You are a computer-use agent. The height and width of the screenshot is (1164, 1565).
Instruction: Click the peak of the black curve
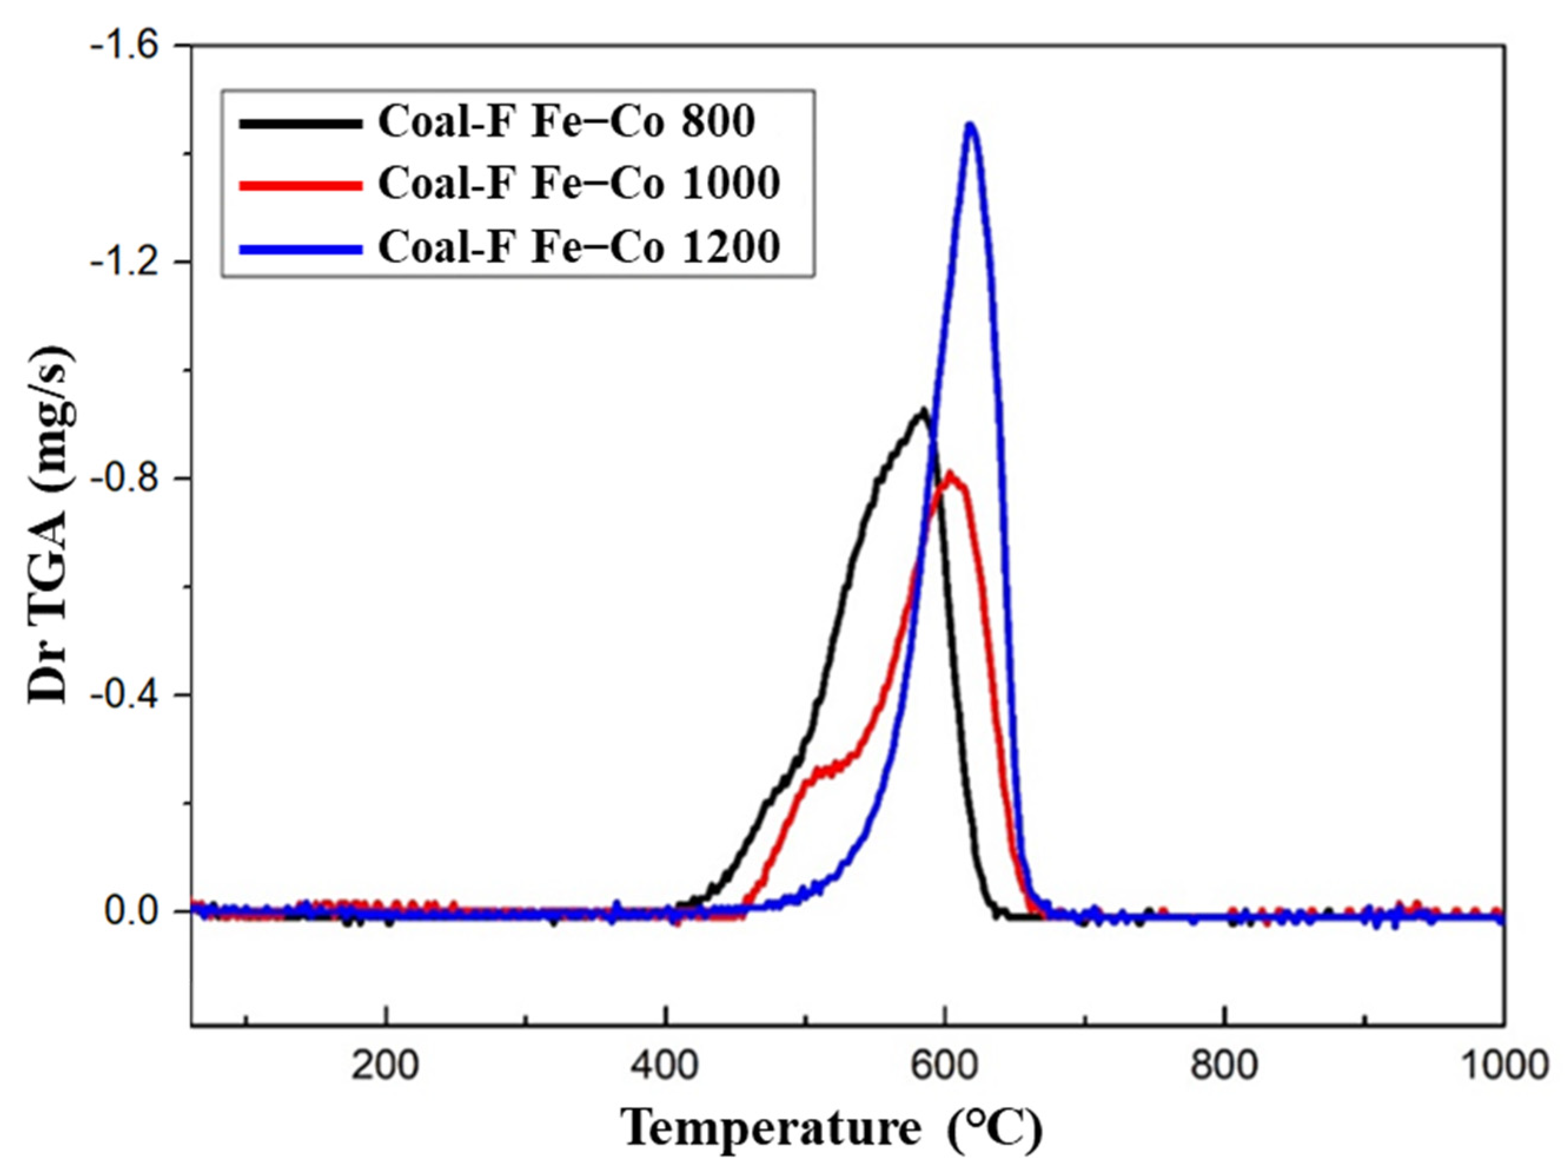click(920, 411)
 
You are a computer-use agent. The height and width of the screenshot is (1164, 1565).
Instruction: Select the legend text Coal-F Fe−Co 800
click(566, 122)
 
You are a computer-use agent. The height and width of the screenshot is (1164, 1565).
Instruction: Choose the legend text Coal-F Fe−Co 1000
click(579, 183)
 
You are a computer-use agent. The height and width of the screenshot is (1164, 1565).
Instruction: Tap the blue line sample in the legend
click(300, 247)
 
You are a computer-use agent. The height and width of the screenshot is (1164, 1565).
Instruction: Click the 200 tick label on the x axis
click(385, 1066)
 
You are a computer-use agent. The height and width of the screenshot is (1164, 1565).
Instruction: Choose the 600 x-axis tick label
click(944, 1066)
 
